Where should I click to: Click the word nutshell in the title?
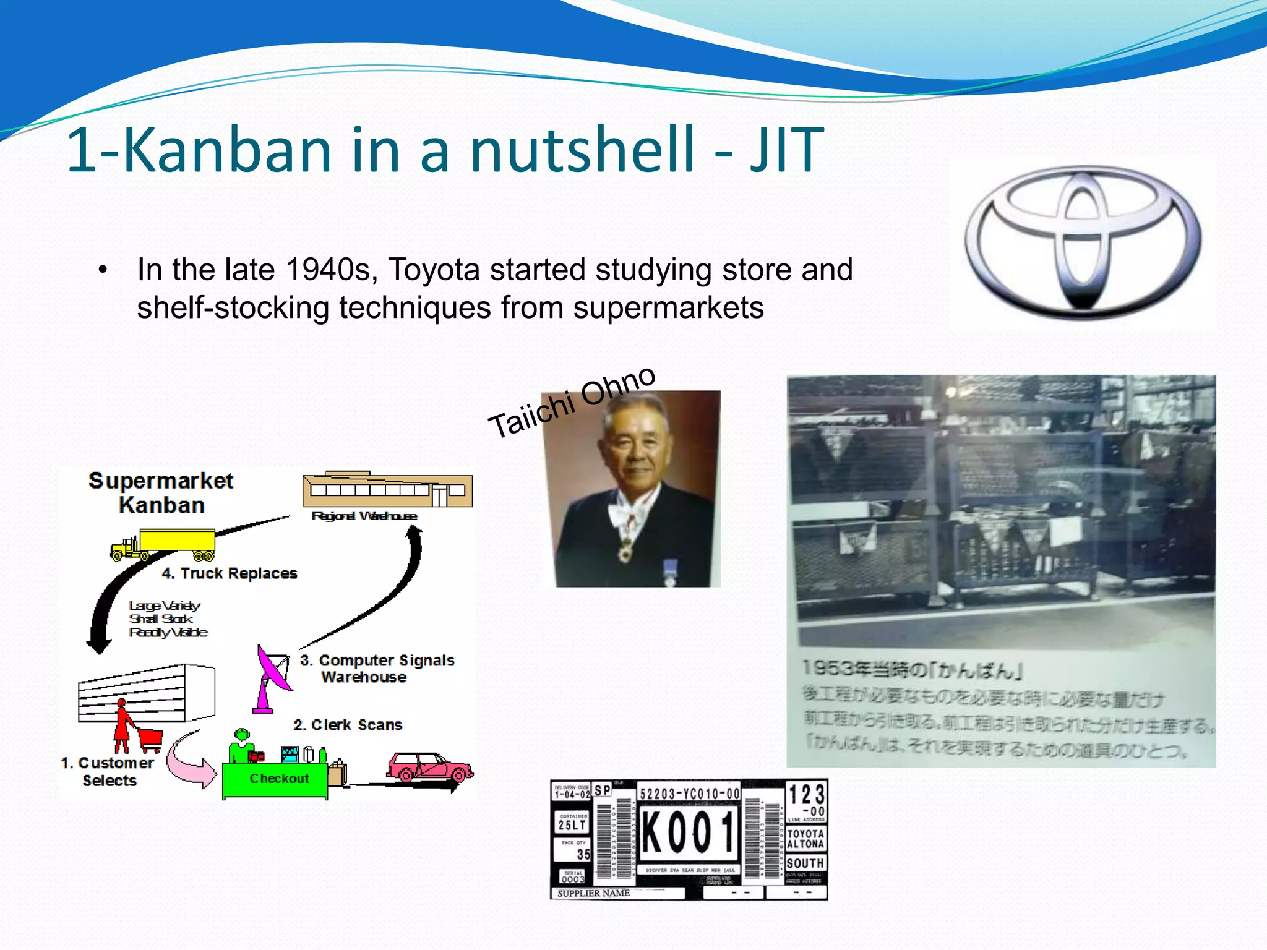point(582,150)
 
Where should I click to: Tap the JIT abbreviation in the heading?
point(786,150)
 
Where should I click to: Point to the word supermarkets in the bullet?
point(668,307)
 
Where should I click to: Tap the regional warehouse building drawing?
point(387,490)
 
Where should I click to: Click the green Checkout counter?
point(275,779)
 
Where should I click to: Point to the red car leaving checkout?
point(429,767)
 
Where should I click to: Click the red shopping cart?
point(150,738)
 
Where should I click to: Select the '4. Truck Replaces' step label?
point(230,573)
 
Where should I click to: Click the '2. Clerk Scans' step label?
point(348,725)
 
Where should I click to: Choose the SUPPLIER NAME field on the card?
point(594,893)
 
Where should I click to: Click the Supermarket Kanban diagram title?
point(161,493)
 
